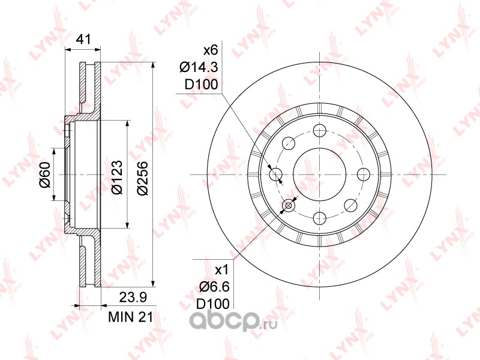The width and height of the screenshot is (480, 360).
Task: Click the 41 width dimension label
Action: (x=83, y=40)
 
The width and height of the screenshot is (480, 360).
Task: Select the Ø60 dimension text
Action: (x=44, y=175)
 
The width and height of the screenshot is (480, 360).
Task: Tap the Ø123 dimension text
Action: (x=117, y=177)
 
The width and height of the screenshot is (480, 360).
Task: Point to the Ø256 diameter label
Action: (x=143, y=178)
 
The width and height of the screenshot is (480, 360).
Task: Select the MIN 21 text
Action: (x=130, y=317)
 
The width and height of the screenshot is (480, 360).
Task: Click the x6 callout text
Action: (x=211, y=50)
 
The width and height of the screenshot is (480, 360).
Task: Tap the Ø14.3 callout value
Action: (x=199, y=67)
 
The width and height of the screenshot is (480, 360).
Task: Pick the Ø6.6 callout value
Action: (x=214, y=287)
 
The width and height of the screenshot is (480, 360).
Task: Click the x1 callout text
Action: (x=222, y=270)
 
